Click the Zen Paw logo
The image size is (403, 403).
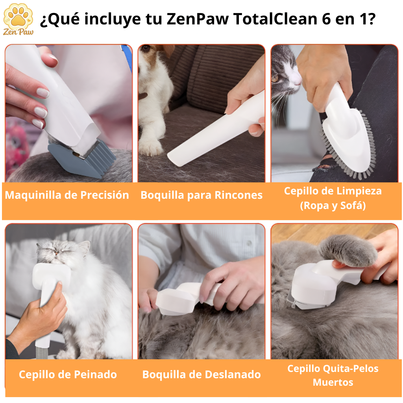click(18, 18)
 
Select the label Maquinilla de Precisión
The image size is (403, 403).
click(67, 195)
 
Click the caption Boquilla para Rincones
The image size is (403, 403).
click(201, 195)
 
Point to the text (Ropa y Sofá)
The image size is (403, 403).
click(333, 205)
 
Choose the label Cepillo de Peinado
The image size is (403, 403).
click(68, 374)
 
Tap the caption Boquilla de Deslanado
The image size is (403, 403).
click(201, 374)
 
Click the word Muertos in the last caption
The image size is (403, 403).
click(333, 382)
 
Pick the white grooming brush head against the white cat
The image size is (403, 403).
click(49, 274)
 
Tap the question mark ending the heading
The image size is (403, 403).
click(369, 19)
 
